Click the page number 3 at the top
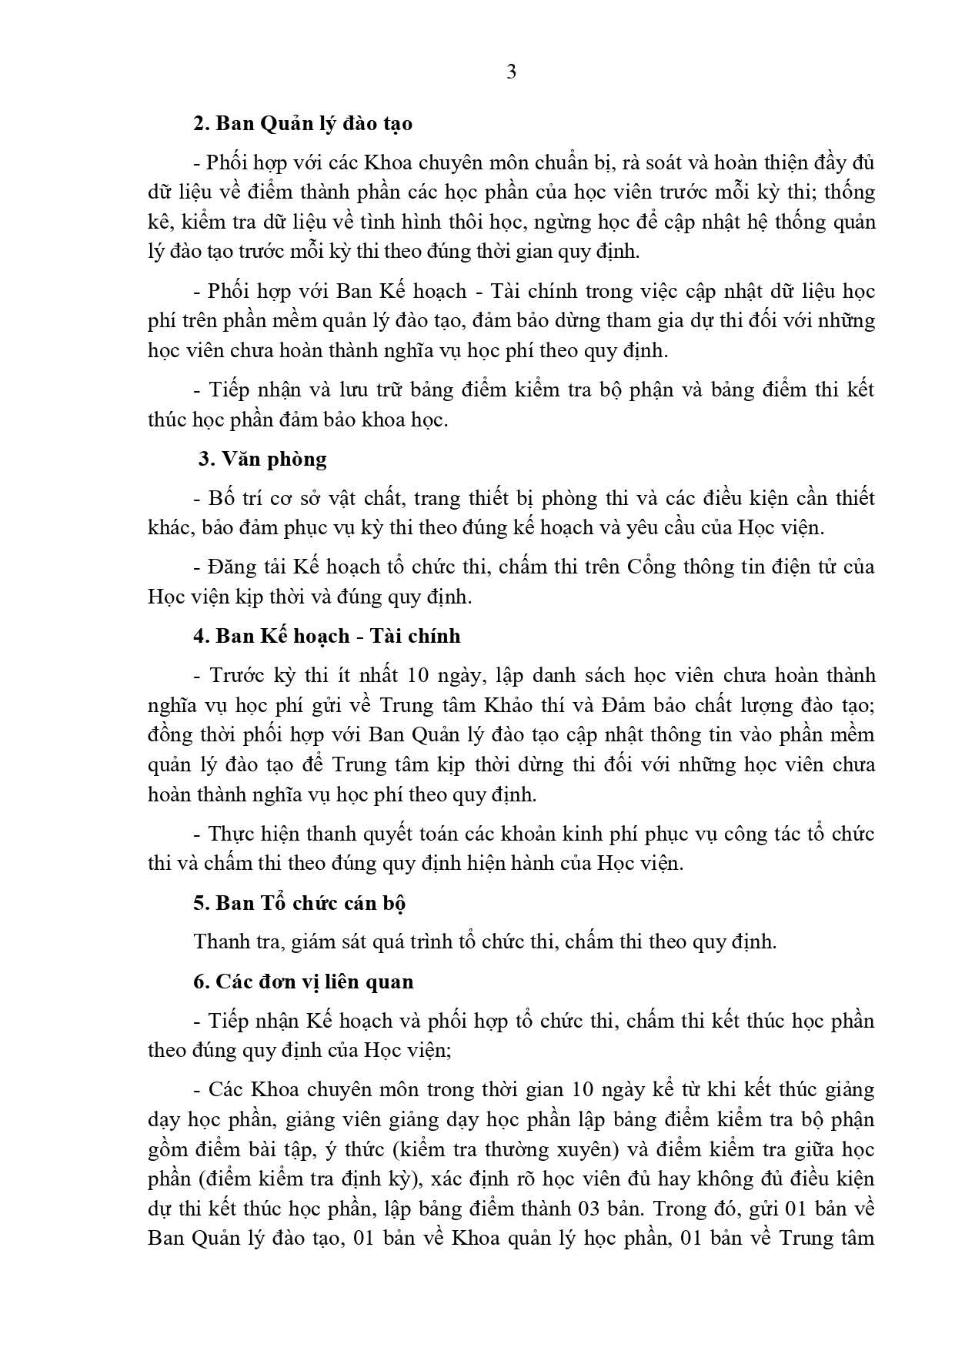[512, 72]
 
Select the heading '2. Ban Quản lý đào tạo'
[302, 123]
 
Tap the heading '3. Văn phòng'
[262, 459]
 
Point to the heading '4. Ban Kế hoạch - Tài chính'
[327, 636]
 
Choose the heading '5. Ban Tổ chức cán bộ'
[299, 902]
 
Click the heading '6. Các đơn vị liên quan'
[303, 981]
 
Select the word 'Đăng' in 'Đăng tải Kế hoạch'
[232, 567]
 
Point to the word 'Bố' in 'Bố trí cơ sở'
[220, 498]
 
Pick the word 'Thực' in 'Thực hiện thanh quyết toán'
[232, 834]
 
